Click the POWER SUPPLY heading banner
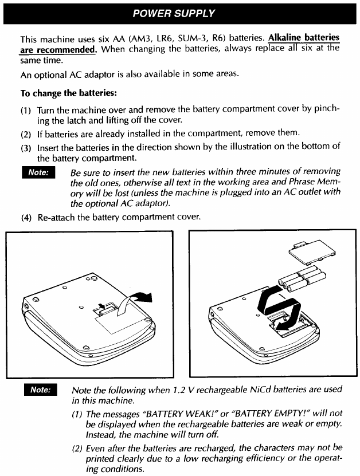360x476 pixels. pyautogui.click(x=180, y=13)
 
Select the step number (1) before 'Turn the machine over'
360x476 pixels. pyautogui.click(x=26, y=109)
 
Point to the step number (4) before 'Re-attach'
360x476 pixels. pyautogui.click(x=26, y=218)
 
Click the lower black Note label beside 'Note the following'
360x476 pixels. pyautogui.click(x=40, y=390)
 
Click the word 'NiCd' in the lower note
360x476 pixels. pyautogui.click(x=265, y=390)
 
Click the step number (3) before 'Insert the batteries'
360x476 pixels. pyautogui.click(x=26, y=146)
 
